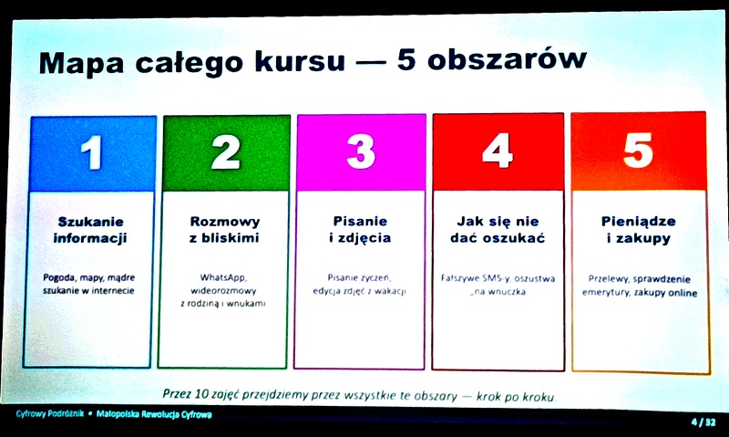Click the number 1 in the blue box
[92, 152]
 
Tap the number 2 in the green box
[225, 151]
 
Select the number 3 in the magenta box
[361, 151]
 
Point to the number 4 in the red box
[498, 151]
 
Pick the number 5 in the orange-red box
[638, 150]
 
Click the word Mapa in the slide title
[81, 63]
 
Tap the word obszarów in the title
[507, 59]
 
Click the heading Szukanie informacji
[90, 230]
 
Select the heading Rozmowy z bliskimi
[224, 229]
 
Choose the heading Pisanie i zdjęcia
[360, 229]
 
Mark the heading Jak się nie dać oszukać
[498, 229]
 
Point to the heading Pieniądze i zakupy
[639, 229]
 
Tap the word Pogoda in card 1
[59, 278]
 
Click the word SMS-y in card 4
[496, 278]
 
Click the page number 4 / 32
[703, 422]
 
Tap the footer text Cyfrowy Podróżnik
[50, 413]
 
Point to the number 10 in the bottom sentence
[201, 394]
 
